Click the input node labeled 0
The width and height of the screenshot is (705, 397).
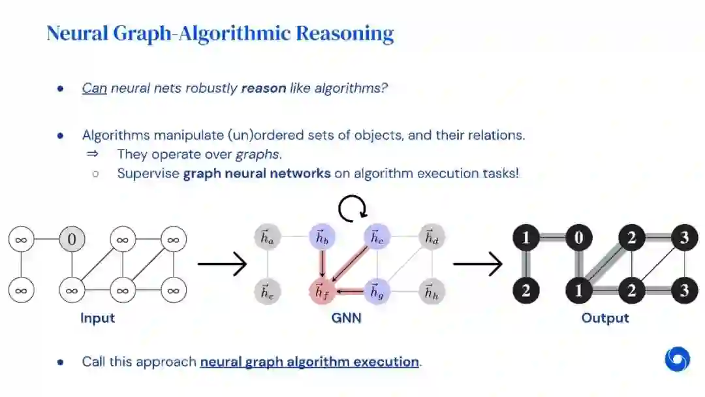pyautogui.click(x=72, y=240)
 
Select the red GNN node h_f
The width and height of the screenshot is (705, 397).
pyautogui.click(x=321, y=291)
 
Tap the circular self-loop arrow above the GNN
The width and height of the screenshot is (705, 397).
pyautogui.click(x=352, y=208)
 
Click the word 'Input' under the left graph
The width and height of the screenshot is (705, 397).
pyautogui.click(x=97, y=318)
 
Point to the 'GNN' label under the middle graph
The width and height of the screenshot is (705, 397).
pyautogui.click(x=346, y=318)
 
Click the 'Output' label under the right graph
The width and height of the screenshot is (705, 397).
pyautogui.click(x=605, y=318)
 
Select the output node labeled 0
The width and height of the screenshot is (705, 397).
pyautogui.click(x=578, y=238)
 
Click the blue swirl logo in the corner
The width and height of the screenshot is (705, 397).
pyautogui.click(x=677, y=358)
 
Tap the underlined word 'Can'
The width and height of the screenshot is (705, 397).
pyautogui.click(x=94, y=87)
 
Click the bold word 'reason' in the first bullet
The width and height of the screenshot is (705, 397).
pyautogui.click(x=263, y=87)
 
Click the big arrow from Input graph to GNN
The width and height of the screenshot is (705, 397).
pyautogui.click(x=221, y=264)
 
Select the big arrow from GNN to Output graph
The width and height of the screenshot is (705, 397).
pyautogui.click(x=477, y=264)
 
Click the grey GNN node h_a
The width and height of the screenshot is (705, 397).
pyautogui.click(x=268, y=238)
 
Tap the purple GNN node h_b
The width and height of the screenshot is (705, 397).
pyautogui.click(x=321, y=238)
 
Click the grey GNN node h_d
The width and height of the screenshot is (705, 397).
pyautogui.click(x=431, y=238)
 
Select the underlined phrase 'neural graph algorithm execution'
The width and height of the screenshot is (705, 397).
pyautogui.click(x=309, y=361)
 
